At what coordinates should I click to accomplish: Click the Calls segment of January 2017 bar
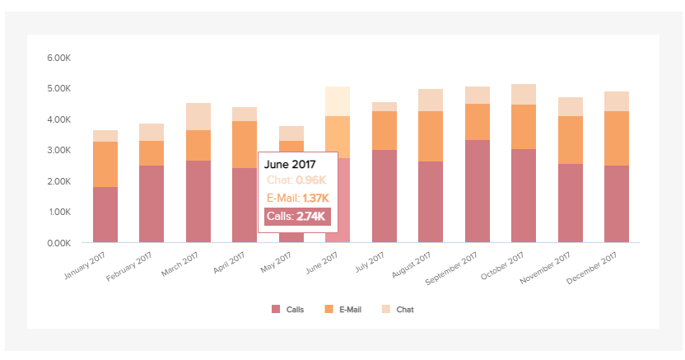(x=105, y=214)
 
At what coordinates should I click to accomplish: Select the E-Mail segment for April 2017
(x=245, y=144)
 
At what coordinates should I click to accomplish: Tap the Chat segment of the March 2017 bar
(x=198, y=116)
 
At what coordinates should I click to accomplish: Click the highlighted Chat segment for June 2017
(x=338, y=101)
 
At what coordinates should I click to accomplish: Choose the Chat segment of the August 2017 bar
(x=431, y=100)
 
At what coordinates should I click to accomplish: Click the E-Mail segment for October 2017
(x=524, y=127)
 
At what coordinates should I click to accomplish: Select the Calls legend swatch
(x=276, y=310)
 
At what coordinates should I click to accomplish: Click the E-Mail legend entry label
(x=352, y=310)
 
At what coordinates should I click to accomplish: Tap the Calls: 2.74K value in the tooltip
(x=297, y=217)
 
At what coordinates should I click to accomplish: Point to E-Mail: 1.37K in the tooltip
(x=297, y=198)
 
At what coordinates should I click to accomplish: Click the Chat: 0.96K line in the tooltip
(x=297, y=180)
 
